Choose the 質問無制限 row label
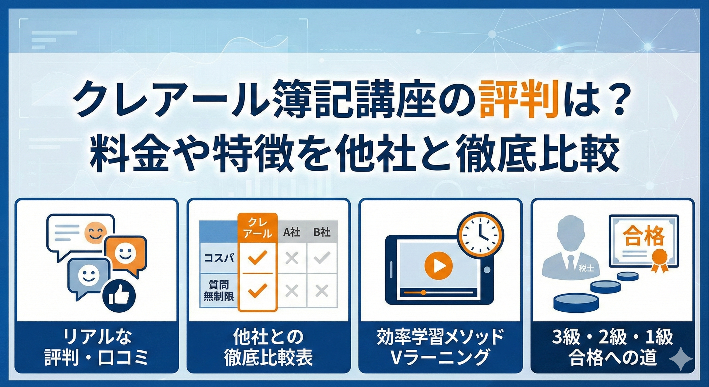click(x=219, y=290)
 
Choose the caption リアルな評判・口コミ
click(x=96, y=348)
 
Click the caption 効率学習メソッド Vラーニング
click(x=440, y=348)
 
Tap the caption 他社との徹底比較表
click(x=268, y=348)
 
